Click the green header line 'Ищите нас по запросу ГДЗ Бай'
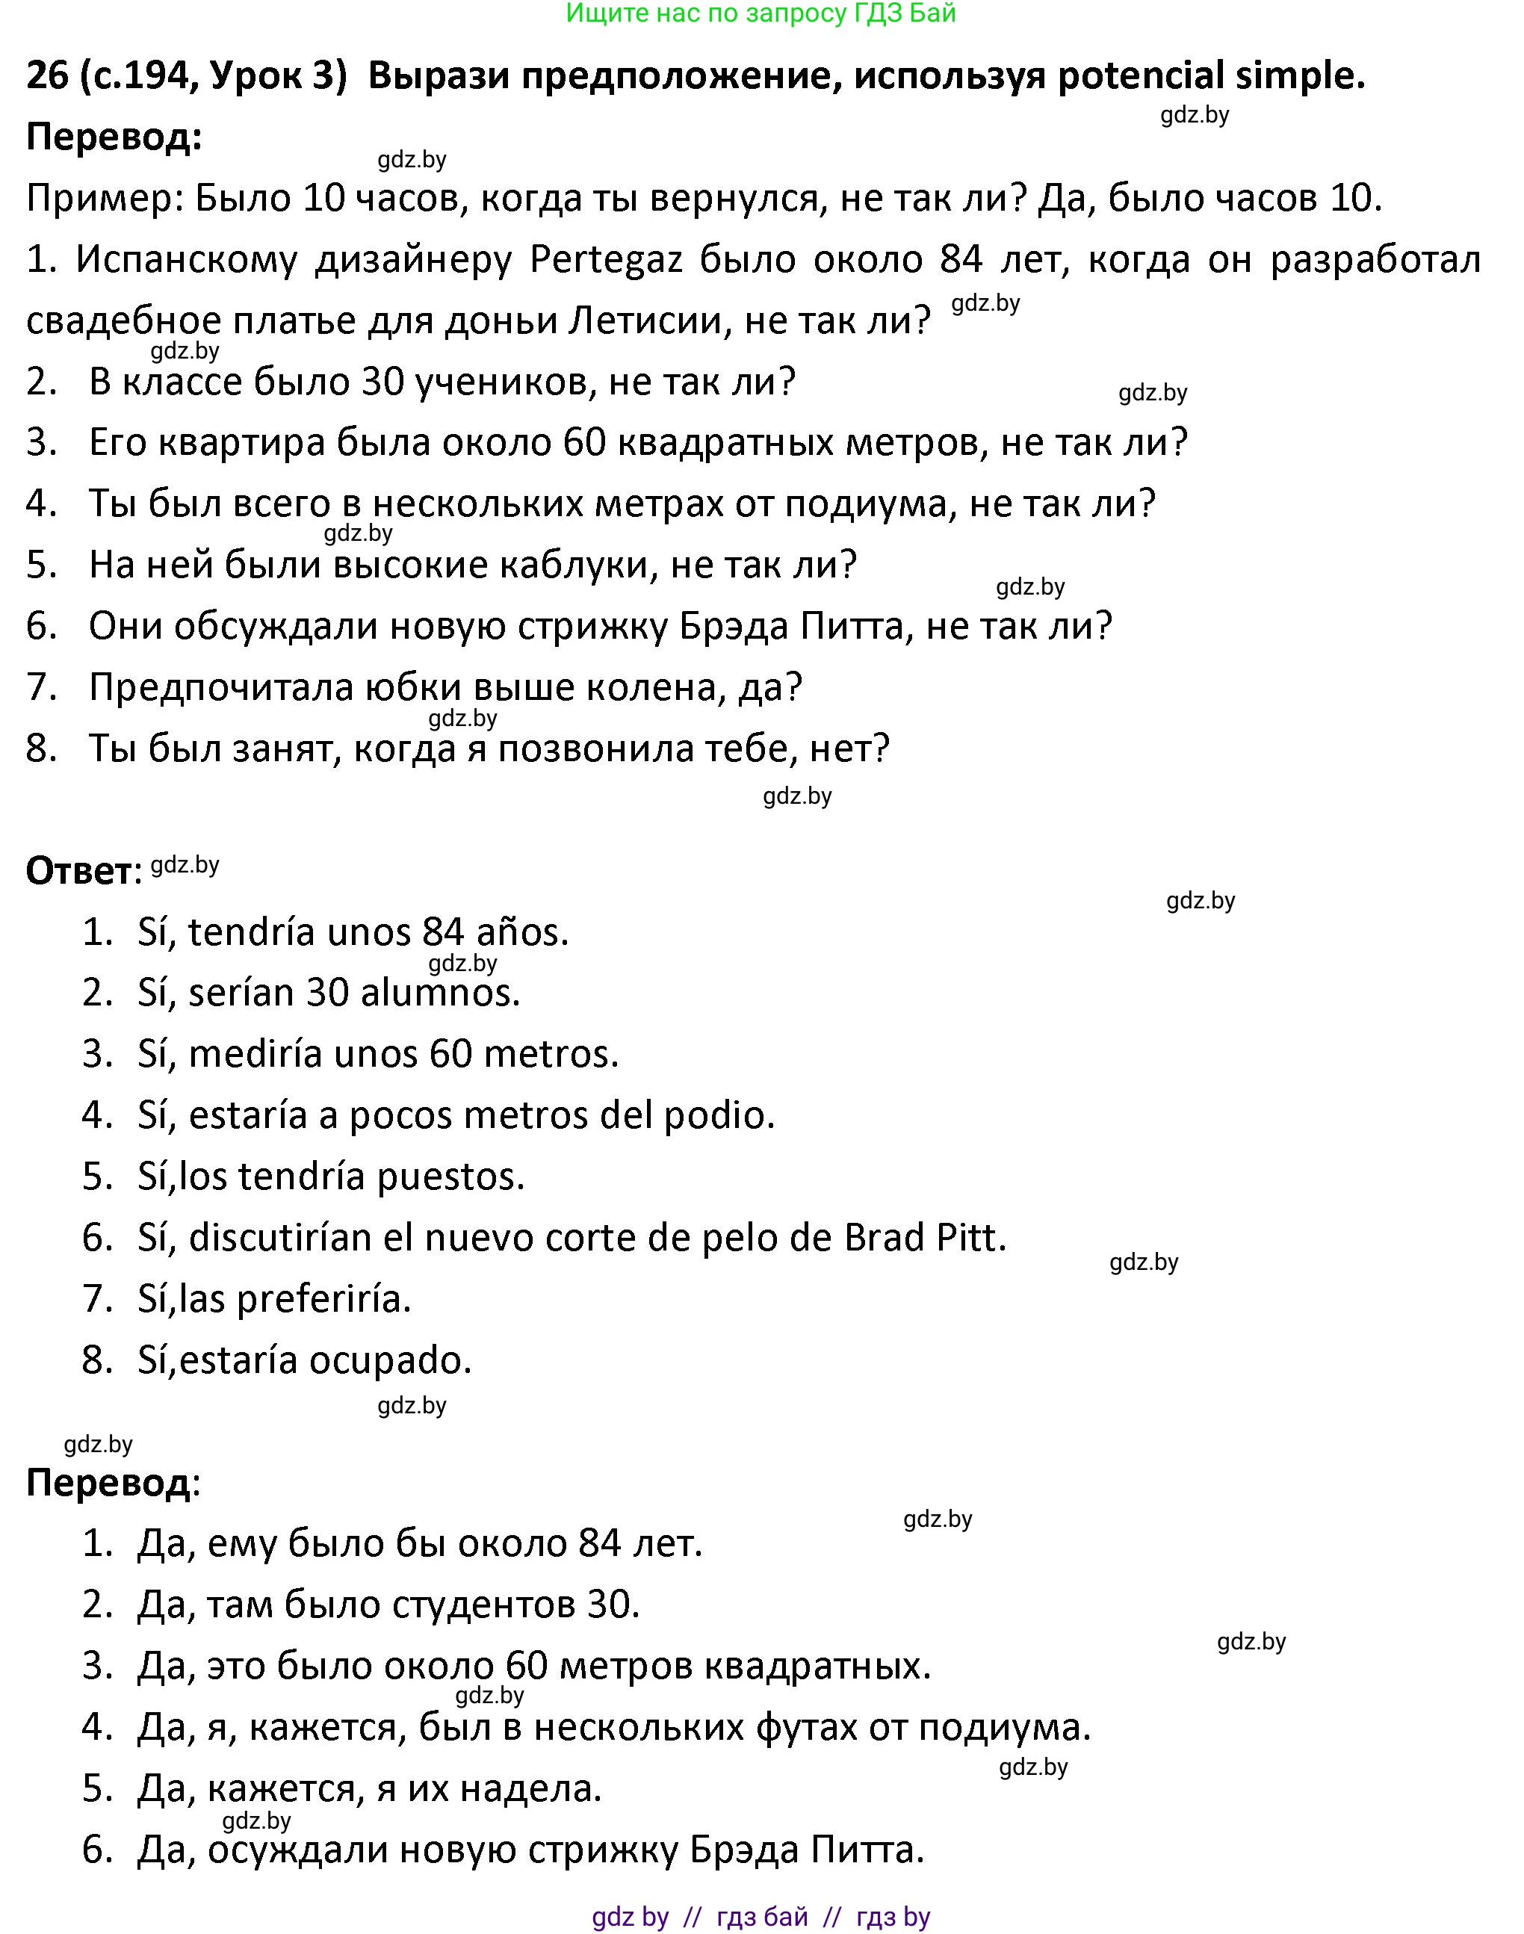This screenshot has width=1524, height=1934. [x=761, y=13]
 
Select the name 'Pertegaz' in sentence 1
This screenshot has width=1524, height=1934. [x=606, y=260]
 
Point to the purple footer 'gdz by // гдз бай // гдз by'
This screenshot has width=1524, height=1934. [x=761, y=1916]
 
